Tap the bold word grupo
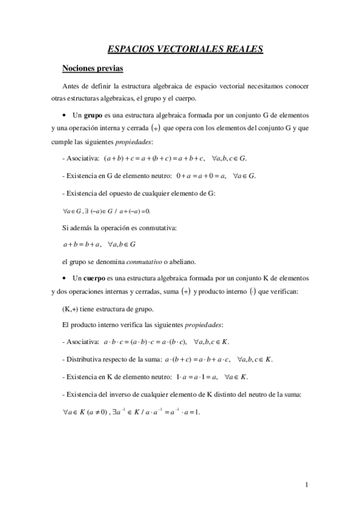click(93, 114)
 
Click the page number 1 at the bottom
click(307, 485)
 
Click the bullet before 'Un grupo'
click(64, 115)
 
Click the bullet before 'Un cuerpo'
click(64, 279)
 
